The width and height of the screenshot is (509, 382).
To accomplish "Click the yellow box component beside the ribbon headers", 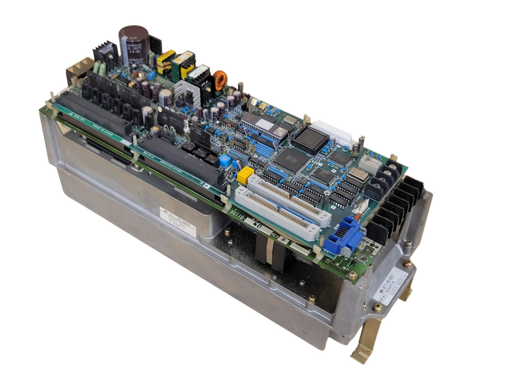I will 245,175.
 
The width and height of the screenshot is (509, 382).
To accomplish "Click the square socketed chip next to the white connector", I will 309,139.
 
